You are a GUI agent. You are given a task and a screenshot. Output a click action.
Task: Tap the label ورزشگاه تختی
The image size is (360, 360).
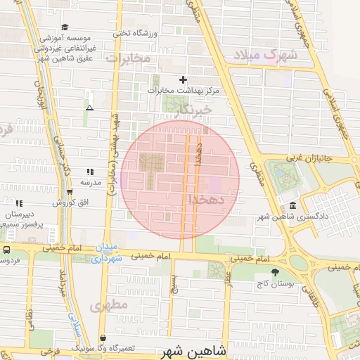click(134, 32)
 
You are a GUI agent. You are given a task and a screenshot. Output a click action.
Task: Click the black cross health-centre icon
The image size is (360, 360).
click(184, 80)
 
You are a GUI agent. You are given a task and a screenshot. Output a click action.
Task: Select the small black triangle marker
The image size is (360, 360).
click(89, 108)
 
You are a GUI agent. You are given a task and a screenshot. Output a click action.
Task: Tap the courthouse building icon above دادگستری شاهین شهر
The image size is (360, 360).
click(292, 206)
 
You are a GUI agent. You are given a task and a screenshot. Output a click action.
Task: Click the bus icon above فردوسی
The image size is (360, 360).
click(6, 250)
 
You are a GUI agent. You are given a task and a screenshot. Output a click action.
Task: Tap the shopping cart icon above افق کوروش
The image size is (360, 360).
click(69, 192)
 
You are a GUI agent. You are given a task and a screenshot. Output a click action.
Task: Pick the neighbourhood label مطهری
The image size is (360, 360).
click(108, 305)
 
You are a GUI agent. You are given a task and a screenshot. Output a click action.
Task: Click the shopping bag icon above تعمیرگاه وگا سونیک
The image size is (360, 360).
click(103, 338)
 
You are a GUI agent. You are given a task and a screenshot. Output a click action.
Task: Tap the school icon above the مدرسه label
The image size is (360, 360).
click(89, 172)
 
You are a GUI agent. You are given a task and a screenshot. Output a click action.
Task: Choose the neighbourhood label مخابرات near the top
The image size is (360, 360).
click(131, 59)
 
